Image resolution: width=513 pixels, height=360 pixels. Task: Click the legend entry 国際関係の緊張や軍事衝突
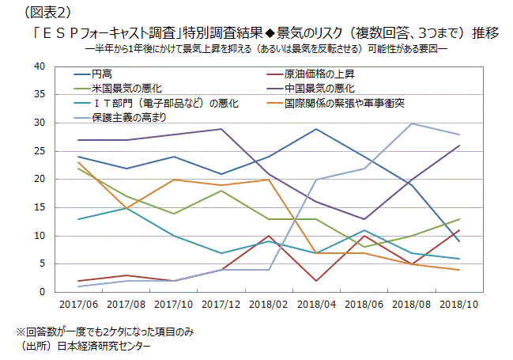point(345,102)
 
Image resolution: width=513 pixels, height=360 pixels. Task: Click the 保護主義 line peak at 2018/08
point(411,123)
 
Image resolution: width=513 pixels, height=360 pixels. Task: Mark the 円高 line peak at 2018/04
point(316,129)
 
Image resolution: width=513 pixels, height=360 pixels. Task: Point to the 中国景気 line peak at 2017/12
point(221,129)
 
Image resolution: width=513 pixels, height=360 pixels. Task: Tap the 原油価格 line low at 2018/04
point(316,281)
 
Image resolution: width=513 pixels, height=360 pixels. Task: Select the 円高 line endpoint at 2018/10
point(459,241)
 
